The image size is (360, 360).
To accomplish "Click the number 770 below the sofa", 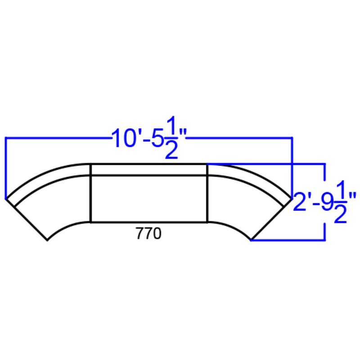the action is [148, 234].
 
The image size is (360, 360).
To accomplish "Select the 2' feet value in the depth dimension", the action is [301, 202].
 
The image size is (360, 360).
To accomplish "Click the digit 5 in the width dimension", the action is [157, 139].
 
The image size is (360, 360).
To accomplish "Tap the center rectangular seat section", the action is [149, 199].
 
